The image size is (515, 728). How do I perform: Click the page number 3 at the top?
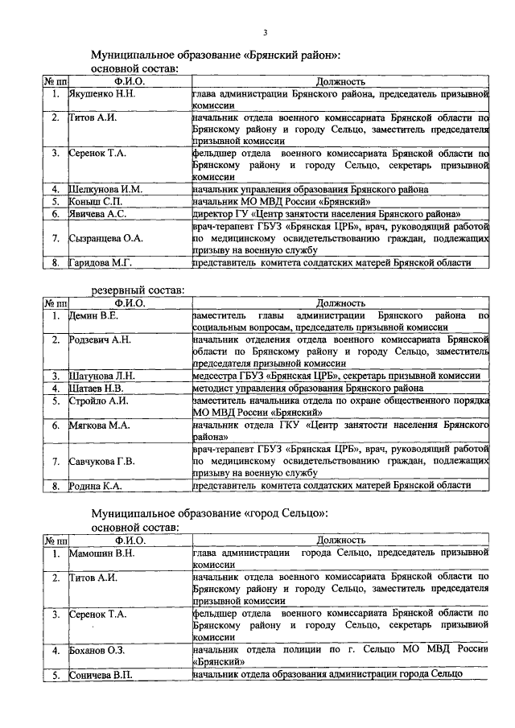click(x=265, y=32)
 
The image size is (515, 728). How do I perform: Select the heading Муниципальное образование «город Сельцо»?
click(x=208, y=512)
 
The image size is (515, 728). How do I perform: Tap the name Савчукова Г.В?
click(x=102, y=461)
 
